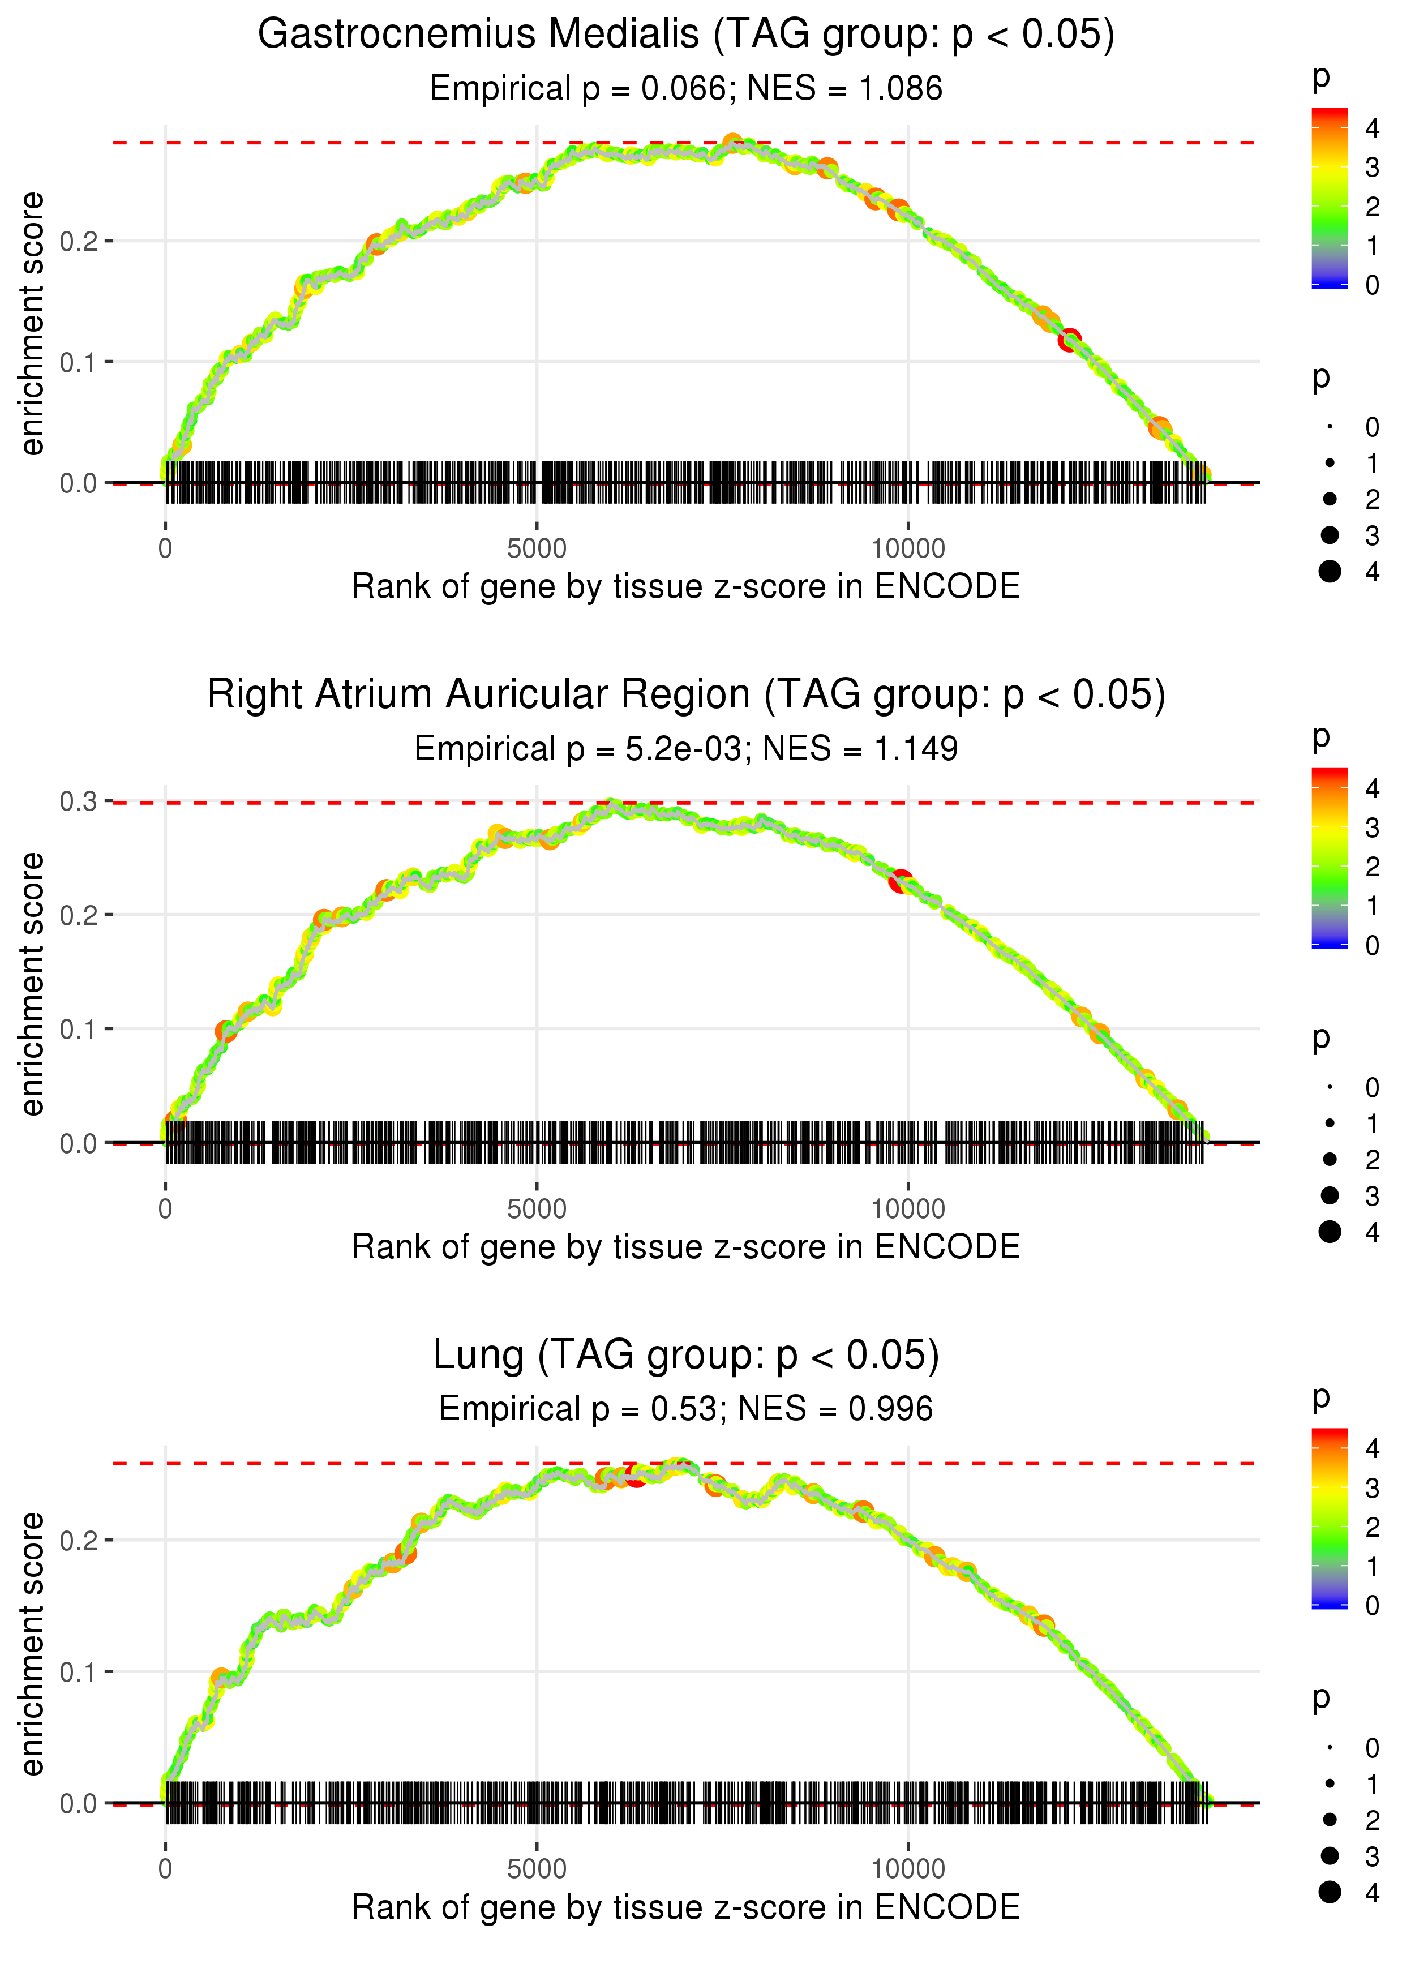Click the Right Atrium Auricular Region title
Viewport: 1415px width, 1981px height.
pyautogui.click(x=686, y=695)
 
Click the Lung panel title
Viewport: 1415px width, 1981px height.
pyautogui.click(x=686, y=1356)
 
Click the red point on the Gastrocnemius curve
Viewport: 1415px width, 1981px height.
pyautogui.click(x=1069, y=340)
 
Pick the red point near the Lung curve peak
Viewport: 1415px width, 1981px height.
pyautogui.click(x=636, y=1476)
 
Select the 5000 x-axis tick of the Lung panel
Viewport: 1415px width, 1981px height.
pyautogui.click(x=537, y=1868)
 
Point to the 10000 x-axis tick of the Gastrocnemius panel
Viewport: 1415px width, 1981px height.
pyautogui.click(x=908, y=549)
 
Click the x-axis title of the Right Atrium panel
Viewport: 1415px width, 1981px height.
pyautogui.click(x=686, y=1247)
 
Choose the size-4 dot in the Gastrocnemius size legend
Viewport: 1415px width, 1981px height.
pyautogui.click(x=1330, y=572)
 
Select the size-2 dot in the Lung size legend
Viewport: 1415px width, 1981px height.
pyautogui.click(x=1330, y=1820)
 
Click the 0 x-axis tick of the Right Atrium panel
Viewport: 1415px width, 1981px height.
pyautogui.click(x=165, y=1209)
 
